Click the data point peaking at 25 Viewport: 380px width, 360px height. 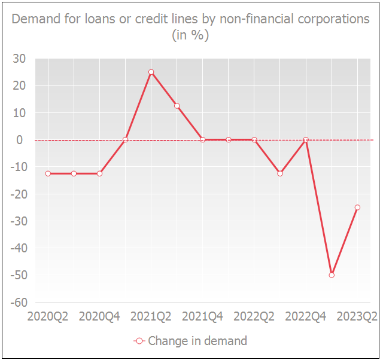(x=151, y=72)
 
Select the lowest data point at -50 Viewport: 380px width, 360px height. (x=332, y=275)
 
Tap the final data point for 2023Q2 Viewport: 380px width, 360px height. (x=357, y=208)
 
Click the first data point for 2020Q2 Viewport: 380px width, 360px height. (x=48, y=173)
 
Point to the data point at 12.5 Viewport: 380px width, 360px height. (x=177, y=106)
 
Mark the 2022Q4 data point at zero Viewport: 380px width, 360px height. (x=306, y=140)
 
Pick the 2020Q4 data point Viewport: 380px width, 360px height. (x=99, y=173)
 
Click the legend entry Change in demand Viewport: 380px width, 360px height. (x=197, y=341)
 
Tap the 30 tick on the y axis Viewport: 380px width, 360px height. (x=20, y=59)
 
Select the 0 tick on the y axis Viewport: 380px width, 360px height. (x=23, y=140)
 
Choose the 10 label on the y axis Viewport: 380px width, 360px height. (x=20, y=112)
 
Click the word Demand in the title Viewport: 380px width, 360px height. (x=34, y=19)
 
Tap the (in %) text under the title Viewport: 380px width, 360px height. (x=190, y=35)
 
